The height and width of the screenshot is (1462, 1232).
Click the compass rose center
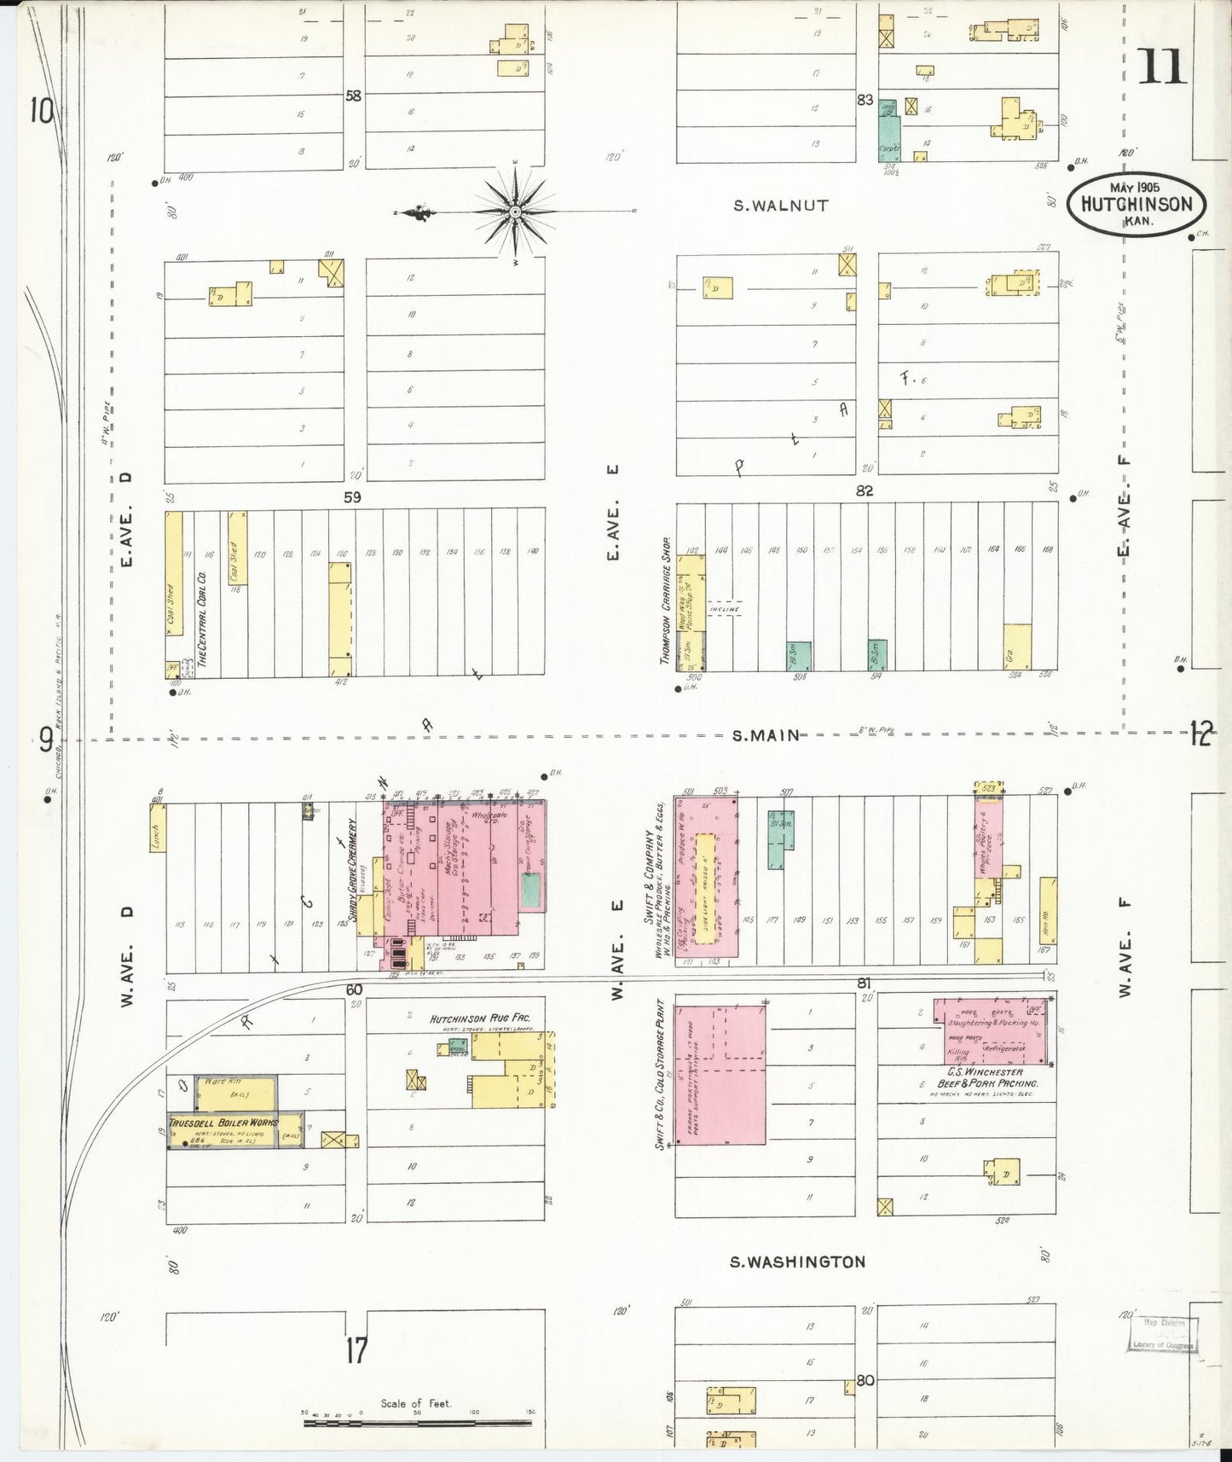pyautogui.click(x=516, y=210)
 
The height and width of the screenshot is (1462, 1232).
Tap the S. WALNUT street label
pyautogui.click(x=781, y=206)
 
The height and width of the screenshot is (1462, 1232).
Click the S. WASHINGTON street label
pyautogui.click(x=797, y=1262)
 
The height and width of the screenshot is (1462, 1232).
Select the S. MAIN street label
pyautogui.click(x=766, y=734)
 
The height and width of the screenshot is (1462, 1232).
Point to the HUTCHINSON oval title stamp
pyautogui.click(x=1137, y=204)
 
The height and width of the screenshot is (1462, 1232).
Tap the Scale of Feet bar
pyautogui.click(x=417, y=1423)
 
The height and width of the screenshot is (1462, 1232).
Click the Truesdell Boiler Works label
pyautogui.click(x=223, y=1123)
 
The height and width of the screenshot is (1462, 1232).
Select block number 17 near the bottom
pyautogui.click(x=356, y=1350)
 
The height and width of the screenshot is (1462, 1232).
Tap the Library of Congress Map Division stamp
pyautogui.click(x=1164, y=1334)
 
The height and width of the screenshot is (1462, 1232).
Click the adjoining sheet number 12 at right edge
pyautogui.click(x=1200, y=734)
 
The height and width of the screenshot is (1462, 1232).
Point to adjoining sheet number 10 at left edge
pyautogui.click(x=41, y=110)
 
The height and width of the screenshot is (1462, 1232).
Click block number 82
pyautogui.click(x=865, y=490)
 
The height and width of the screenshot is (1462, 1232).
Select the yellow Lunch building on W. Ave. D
pyautogui.click(x=157, y=827)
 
